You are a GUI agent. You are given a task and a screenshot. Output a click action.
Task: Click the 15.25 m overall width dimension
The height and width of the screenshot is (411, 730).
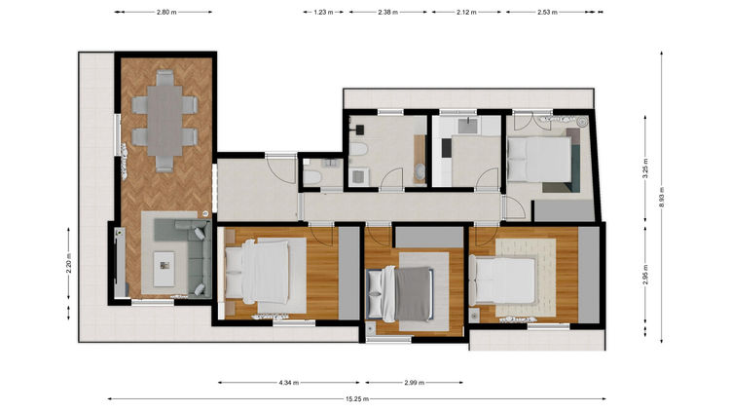click(x=357, y=399)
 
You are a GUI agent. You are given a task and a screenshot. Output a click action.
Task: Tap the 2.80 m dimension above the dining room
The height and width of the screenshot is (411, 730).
click(x=166, y=12)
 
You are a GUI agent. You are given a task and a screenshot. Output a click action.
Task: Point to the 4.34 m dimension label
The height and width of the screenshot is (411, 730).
click(x=289, y=383)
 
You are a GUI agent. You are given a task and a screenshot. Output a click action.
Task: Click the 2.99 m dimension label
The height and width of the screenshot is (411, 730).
click(x=414, y=383)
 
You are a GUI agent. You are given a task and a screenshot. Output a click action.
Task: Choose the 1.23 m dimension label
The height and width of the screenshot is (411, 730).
click(x=323, y=12)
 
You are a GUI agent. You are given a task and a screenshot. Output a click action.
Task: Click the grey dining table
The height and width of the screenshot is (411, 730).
click(x=164, y=121)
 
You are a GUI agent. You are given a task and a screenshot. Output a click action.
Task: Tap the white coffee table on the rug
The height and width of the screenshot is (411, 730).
click(x=164, y=269)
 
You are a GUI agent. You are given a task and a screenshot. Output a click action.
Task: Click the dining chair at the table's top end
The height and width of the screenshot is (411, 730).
click(x=164, y=77)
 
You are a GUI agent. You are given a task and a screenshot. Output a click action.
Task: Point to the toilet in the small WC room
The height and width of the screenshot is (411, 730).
click(x=311, y=177)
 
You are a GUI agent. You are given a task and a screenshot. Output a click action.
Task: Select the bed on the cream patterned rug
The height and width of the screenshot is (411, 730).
click(x=503, y=280)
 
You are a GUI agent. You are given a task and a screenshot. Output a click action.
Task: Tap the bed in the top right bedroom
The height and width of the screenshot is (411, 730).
click(x=539, y=160)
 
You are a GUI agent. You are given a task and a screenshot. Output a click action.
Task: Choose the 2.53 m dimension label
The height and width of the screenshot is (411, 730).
click(x=547, y=12)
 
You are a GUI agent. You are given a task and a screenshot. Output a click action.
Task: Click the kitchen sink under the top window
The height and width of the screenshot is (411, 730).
click(x=467, y=127)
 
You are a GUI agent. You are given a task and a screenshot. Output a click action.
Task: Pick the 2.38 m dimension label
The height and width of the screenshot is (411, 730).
click(x=387, y=12)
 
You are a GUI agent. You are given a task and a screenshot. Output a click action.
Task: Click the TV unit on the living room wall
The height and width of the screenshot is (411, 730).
click(x=120, y=262)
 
